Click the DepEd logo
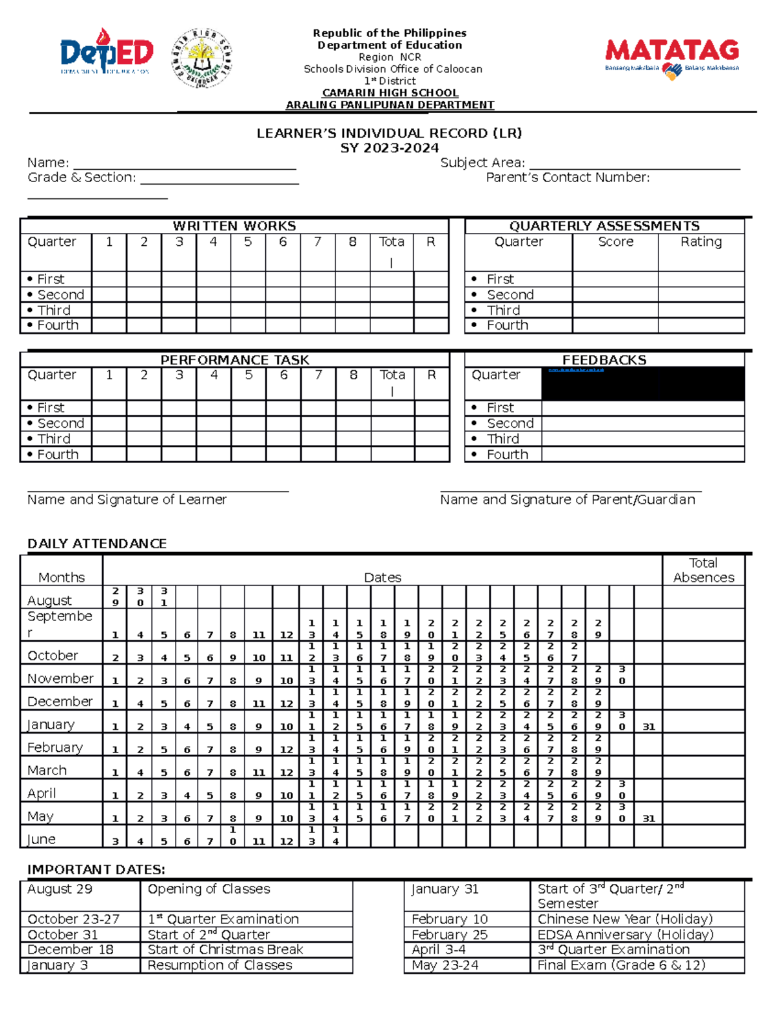click(107, 52)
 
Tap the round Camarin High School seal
click(201, 57)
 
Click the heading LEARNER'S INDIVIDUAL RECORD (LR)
click(389, 133)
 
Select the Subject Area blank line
click(634, 165)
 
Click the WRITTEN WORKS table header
click(234, 226)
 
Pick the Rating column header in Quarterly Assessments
click(701, 242)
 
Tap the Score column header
click(616, 242)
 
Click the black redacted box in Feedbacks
click(642, 384)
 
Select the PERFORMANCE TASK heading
click(235, 360)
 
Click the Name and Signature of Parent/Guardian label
click(567, 499)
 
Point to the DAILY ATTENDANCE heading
click(97, 544)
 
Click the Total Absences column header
click(703, 570)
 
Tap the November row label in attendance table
click(60, 678)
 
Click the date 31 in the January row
click(649, 727)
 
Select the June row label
click(41, 839)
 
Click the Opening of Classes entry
click(209, 889)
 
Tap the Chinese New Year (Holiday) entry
click(625, 919)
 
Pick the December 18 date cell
click(70, 950)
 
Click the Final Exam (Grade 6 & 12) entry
click(621, 965)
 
